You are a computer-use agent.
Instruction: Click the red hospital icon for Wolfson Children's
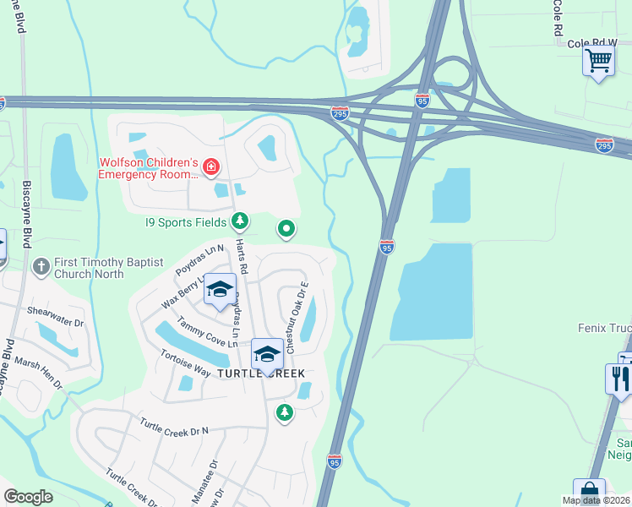pos(210,169)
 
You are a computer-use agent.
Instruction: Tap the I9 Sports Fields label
pos(184,222)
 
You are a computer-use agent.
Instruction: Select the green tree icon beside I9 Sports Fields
pos(241,221)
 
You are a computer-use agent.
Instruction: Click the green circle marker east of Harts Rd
pos(286,228)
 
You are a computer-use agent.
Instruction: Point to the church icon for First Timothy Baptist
pos(41,268)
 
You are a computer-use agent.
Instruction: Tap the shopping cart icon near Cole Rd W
pos(598,62)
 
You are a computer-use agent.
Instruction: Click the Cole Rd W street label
pos(593,42)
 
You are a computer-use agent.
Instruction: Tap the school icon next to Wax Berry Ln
pos(220,290)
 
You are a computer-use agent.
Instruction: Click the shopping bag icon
pos(589,493)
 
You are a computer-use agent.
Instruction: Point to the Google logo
pos(28,497)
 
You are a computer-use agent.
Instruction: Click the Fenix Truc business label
pos(603,327)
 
